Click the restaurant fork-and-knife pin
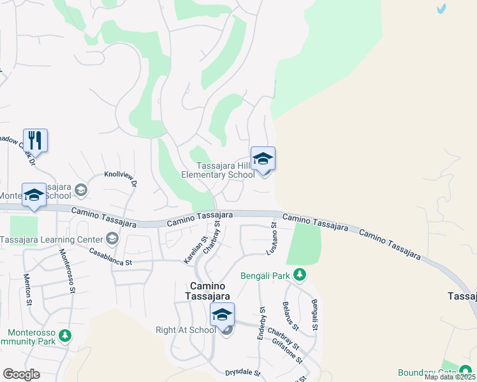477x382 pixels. [x=36, y=140]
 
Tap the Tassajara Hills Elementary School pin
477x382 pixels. [x=263, y=159]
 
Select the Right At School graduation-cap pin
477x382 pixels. [x=222, y=315]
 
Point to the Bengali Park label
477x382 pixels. [x=265, y=276]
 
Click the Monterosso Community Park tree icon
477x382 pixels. [x=64, y=335]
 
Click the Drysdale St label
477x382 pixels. [x=243, y=372]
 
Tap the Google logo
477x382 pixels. [x=22, y=374]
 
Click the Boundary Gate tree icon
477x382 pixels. [x=466, y=372]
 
